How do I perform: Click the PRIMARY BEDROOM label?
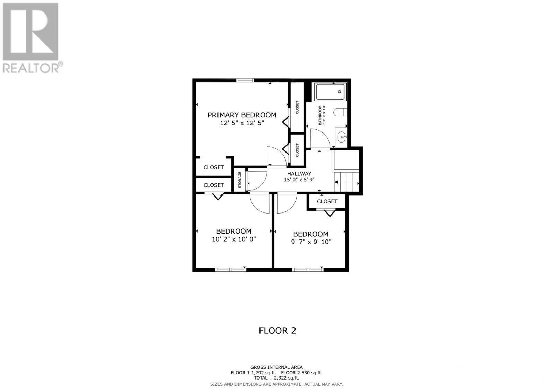point(242,115)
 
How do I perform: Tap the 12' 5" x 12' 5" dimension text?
point(242,123)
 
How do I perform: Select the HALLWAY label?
point(299,174)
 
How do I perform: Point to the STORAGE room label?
point(239,180)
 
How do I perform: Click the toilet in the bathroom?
point(340,112)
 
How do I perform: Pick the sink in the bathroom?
point(342,137)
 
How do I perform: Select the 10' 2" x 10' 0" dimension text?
point(234,239)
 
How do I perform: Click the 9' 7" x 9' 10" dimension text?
point(311,242)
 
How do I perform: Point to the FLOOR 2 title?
point(277,330)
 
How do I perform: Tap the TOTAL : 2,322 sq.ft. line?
point(276,378)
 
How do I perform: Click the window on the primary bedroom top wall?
point(245,80)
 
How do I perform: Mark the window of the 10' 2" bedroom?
point(230,269)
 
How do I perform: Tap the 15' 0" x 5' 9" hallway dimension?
point(299,180)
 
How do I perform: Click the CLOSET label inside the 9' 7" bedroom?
point(327,201)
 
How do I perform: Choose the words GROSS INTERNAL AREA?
point(276,367)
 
